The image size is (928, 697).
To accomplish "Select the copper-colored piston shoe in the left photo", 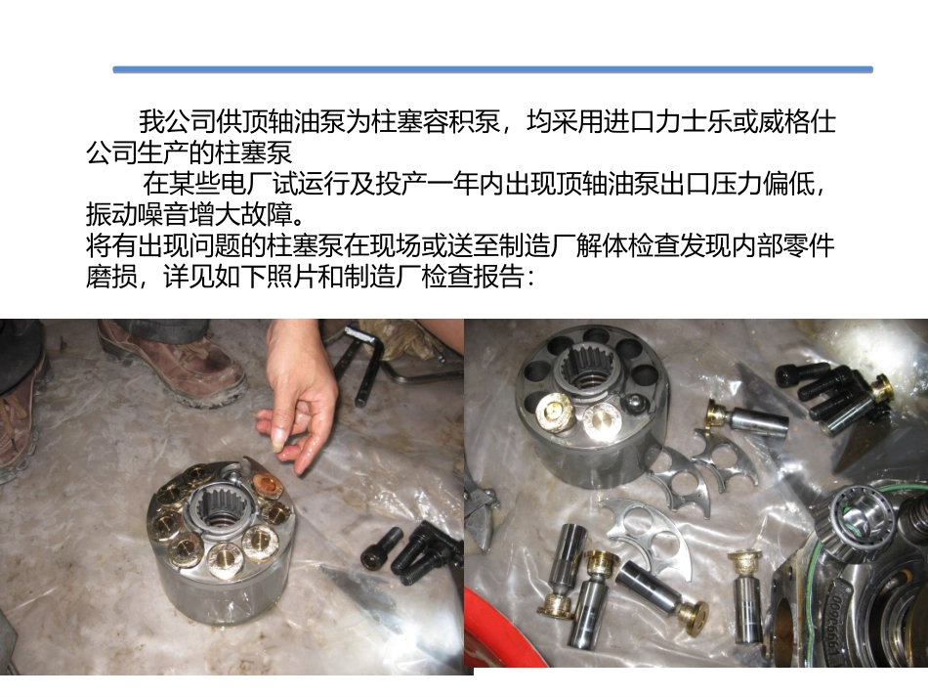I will tap(266, 484).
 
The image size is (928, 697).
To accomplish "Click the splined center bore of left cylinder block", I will tap(223, 508).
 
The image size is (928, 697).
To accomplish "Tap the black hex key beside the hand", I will tap(357, 367).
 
